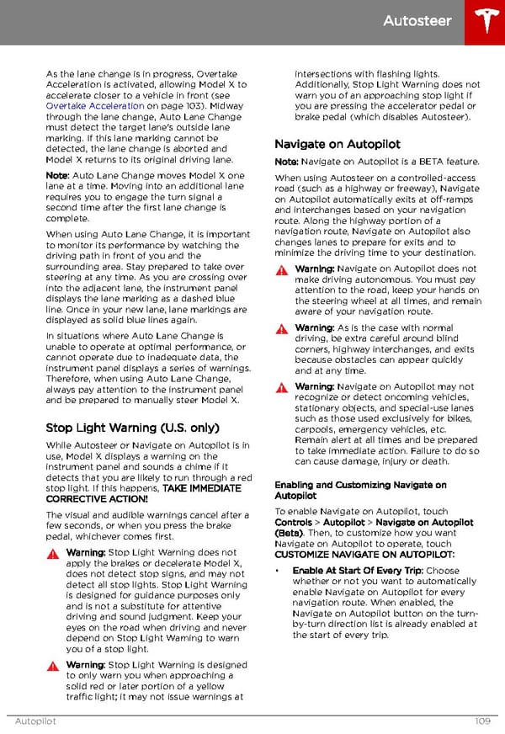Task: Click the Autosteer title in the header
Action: tap(417, 21)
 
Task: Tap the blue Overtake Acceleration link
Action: tap(94, 106)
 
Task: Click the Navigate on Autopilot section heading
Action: tap(337, 144)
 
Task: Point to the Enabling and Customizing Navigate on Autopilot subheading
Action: tap(360, 491)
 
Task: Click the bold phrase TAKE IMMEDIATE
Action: tap(202, 488)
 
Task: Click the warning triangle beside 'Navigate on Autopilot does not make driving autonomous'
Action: tap(282, 269)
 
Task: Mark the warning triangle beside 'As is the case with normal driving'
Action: tap(282, 328)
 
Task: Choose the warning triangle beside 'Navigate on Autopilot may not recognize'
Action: tap(282, 387)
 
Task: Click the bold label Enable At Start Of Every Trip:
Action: tap(358, 571)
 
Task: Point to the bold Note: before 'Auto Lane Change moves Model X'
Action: tap(57, 175)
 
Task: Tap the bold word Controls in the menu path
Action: tap(293, 523)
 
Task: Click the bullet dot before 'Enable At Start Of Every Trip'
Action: tap(278, 571)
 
